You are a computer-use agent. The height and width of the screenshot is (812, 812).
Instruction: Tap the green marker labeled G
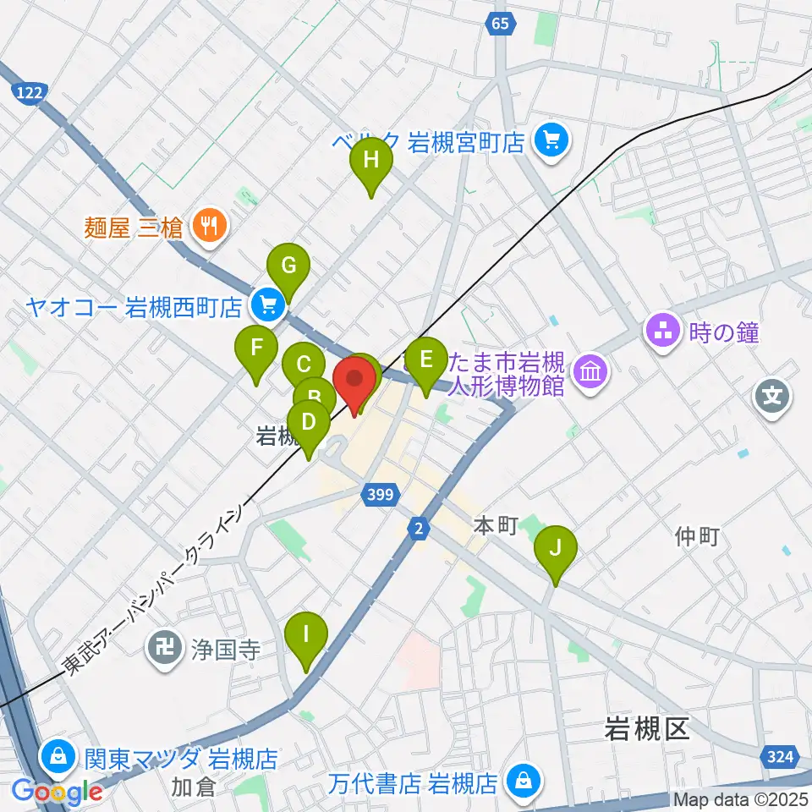288,266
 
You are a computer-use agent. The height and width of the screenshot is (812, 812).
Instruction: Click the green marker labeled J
556,546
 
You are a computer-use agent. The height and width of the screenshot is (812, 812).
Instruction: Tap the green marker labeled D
309,421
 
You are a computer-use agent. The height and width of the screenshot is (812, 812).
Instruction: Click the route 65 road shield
500,24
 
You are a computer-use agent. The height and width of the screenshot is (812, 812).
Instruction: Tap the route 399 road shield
381,494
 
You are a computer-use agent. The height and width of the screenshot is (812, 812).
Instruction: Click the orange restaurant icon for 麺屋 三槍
206,225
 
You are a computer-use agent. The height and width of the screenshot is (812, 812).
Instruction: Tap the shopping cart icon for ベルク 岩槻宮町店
551,139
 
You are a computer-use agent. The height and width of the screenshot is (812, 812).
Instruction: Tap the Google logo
57,792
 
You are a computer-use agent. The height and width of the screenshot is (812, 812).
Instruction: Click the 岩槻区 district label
648,729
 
